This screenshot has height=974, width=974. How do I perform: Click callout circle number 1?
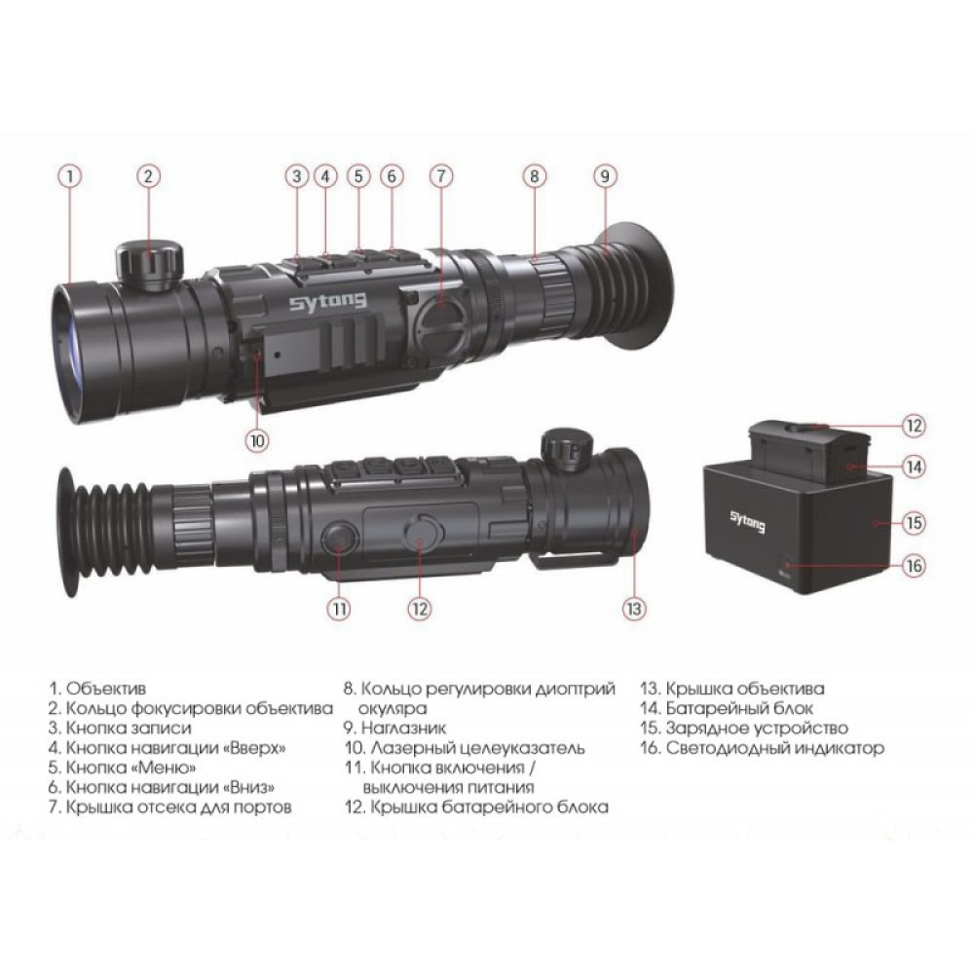point(69,176)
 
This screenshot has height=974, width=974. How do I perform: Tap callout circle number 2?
point(148,176)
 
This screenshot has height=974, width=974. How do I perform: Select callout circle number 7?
point(440,176)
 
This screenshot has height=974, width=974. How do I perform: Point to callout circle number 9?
point(604,176)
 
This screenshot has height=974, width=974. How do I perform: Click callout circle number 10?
point(256,439)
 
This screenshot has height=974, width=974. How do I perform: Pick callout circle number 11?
point(338,609)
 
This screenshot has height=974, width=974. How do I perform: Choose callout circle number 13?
point(634,609)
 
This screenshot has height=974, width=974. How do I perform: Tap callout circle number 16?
point(913,566)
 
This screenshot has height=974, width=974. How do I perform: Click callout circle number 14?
point(913,467)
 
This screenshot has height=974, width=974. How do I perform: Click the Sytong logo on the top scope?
point(327,302)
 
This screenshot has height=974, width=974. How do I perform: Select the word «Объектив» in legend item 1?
point(106,689)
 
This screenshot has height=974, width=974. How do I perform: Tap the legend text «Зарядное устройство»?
point(757,728)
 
